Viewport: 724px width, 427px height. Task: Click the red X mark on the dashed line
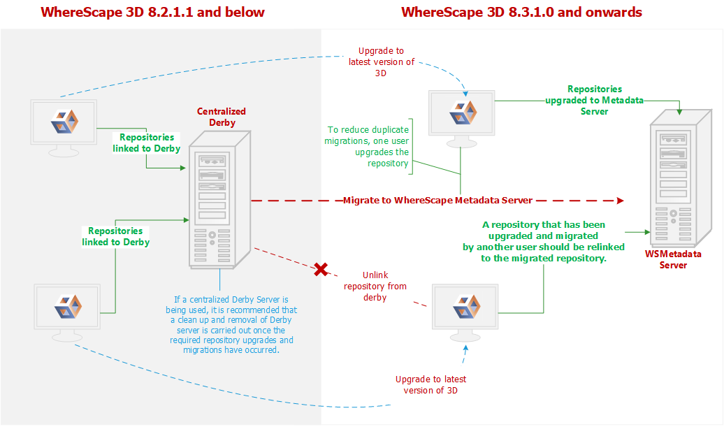point(321,270)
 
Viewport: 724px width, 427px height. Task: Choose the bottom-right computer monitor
point(465,308)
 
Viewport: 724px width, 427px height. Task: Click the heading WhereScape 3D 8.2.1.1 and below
point(152,13)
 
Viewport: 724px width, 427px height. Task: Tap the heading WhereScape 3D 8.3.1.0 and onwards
point(521,13)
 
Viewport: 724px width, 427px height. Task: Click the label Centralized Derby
point(222,117)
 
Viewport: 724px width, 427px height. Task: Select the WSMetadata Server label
point(673,259)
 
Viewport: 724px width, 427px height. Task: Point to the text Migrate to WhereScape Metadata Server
point(437,201)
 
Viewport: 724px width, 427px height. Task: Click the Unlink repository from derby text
point(375,287)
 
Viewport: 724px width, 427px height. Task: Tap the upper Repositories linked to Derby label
point(147,143)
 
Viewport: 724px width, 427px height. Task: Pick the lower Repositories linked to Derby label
point(116,236)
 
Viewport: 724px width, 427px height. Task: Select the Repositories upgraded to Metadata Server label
point(594,100)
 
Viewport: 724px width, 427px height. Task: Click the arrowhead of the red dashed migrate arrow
point(619,201)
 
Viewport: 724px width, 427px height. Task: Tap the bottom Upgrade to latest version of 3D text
point(431,384)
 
